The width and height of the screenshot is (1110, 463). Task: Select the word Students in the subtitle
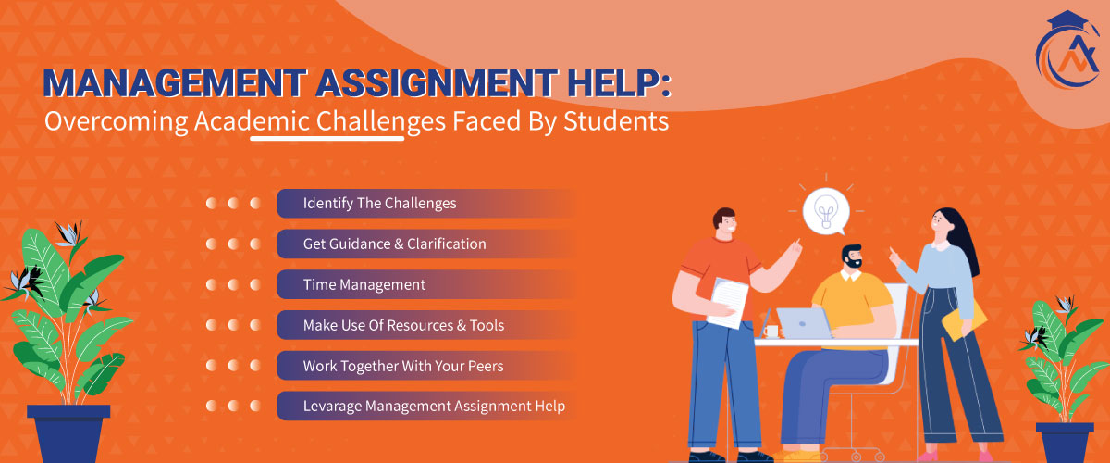click(x=621, y=122)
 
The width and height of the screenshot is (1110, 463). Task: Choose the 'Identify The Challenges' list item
click(x=380, y=203)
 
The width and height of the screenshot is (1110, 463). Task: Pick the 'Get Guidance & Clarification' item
click(x=395, y=244)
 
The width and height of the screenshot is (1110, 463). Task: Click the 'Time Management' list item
click(x=364, y=285)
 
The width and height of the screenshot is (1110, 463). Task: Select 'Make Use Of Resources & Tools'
click(x=403, y=326)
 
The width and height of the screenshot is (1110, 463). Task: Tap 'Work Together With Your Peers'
click(x=403, y=366)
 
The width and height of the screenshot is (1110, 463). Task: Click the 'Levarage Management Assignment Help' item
click(x=434, y=407)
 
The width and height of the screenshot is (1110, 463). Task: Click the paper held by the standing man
click(x=728, y=301)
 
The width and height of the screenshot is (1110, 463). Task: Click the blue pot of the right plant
click(x=1063, y=440)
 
